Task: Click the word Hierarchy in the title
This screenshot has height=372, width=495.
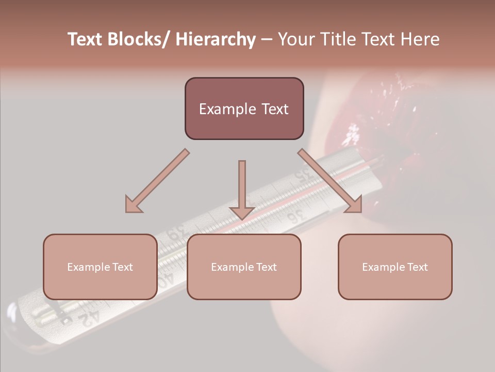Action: (x=216, y=40)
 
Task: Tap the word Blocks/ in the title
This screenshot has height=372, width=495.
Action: (x=140, y=40)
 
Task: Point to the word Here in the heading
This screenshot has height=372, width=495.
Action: (x=420, y=40)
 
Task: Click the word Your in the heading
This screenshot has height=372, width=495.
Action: (x=296, y=40)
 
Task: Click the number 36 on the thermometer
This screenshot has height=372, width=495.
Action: (x=295, y=216)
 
